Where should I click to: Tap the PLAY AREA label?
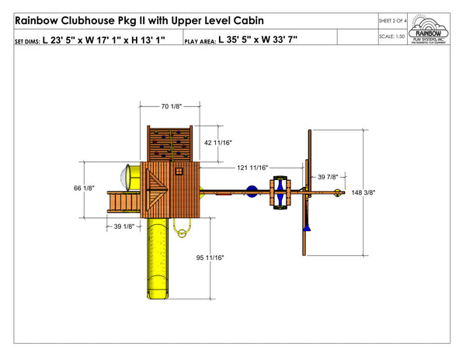point(199,40)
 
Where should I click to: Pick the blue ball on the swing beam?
point(251,192)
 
